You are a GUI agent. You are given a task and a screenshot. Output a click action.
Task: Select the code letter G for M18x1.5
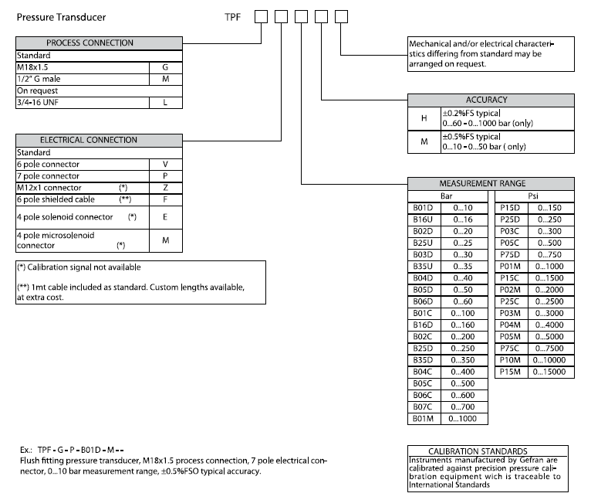click(x=166, y=67)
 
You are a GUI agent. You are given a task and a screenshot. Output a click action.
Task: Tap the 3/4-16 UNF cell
click(x=83, y=102)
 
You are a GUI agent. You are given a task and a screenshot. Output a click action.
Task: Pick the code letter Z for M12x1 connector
click(x=166, y=188)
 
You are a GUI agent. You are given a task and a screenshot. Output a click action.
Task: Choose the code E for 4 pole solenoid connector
click(x=166, y=216)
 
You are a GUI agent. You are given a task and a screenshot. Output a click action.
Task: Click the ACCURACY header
click(x=491, y=100)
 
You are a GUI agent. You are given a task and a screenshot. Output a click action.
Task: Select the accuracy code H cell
click(x=424, y=117)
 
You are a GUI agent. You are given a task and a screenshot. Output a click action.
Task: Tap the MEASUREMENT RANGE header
click(x=491, y=183)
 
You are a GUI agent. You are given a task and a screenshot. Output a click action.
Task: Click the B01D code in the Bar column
click(x=422, y=208)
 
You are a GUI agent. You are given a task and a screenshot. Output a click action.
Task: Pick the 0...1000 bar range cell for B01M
click(x=463, y=419)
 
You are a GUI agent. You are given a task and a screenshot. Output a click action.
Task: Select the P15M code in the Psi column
click(x=512, y=372)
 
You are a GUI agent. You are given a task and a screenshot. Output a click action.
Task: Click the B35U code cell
click(x=422, y=266)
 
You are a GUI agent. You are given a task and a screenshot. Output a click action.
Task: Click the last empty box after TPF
click(x=340, y=16)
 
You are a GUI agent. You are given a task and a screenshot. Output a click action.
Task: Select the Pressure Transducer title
click(x=61, y=16)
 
